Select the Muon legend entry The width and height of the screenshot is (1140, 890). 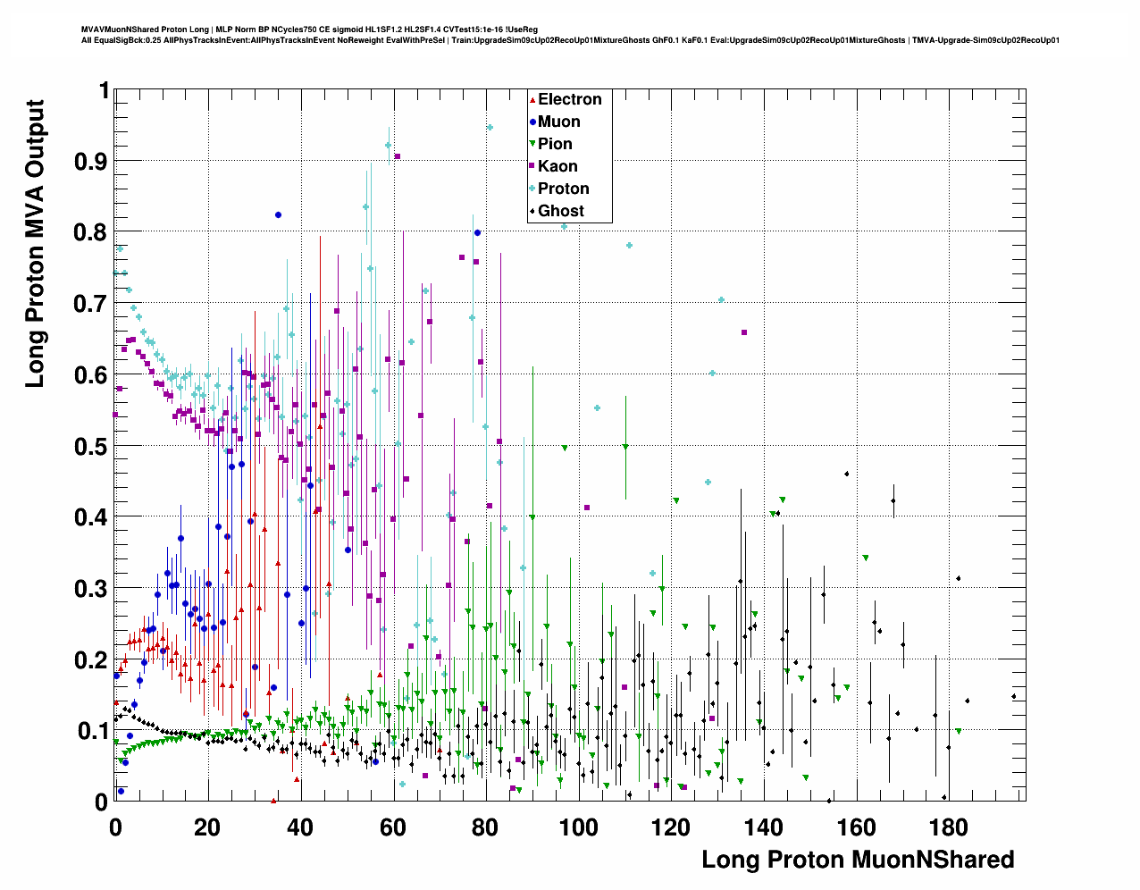coord(558,122)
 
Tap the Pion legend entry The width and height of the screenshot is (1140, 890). coord(555,144)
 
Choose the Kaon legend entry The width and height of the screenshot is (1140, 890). coord(557,166)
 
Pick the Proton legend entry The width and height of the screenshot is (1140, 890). coord(563,189)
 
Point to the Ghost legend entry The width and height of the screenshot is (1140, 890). coord(560,211)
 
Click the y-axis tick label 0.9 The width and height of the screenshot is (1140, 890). coord(91,162)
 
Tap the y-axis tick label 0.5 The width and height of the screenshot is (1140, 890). coord(91,447)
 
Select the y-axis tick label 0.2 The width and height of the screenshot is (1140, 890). coord(91,660)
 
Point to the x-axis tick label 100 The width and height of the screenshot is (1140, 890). coord(578,827)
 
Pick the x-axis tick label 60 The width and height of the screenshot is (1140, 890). coord(393,827)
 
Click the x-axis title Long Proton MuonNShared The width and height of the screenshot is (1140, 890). coord(858,860)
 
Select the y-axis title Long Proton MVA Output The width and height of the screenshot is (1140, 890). coord(34,243)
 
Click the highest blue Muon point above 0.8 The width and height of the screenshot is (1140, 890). coord(278,214)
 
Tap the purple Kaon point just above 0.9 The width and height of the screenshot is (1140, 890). coord(398,156)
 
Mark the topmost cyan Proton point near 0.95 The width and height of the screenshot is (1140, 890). coord(490,128)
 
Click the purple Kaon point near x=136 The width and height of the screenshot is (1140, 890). coord(744,332)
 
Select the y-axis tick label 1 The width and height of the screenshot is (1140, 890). coord(104,90)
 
